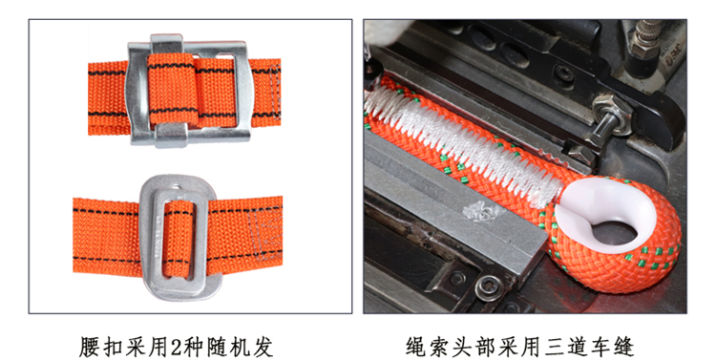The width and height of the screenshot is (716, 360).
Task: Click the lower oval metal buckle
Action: (146, 238)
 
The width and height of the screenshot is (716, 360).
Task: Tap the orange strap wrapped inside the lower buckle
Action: (179, 240)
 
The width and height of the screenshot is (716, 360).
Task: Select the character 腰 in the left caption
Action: (90, 348)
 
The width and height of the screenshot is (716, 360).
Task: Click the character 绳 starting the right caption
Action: (416, 348)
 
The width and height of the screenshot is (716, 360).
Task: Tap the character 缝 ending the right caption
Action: (623, 348)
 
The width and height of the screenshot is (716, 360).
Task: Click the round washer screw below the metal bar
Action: (489, 286)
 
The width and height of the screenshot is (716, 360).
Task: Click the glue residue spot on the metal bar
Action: (479, 212)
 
